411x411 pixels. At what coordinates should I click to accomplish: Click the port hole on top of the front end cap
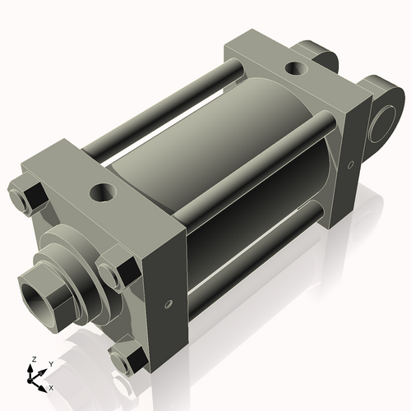[x=103, y=193]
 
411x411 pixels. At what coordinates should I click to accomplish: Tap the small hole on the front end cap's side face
[x=169, y=304]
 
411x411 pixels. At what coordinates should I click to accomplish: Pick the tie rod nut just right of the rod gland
[x=113, y=273]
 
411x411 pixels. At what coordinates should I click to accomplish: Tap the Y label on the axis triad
[x=50, y=363]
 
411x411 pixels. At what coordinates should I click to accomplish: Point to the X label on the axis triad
[x=52, y=386]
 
